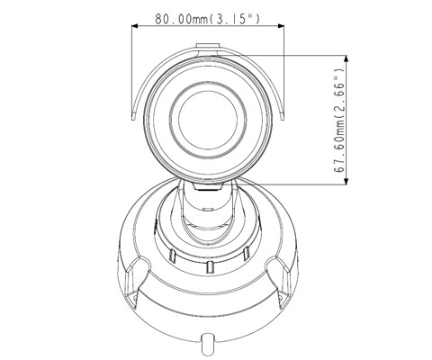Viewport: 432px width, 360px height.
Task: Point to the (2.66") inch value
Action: coord(340,85)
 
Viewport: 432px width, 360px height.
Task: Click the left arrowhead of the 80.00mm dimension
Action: coord(135,27)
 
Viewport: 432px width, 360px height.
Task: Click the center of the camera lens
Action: coord(209,117)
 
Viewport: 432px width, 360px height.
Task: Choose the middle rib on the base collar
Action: coord(209,267)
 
